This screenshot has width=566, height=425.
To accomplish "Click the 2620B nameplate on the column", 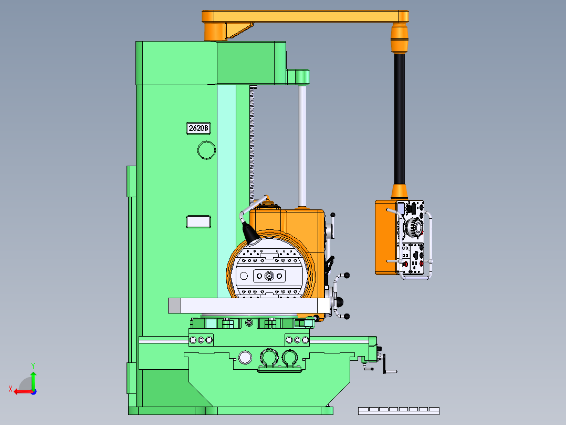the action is [198, 128].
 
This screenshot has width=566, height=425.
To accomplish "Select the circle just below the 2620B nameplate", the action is [206, 150].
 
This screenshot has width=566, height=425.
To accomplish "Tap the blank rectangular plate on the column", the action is [198, 222].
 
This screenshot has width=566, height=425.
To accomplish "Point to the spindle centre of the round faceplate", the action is [269, 276].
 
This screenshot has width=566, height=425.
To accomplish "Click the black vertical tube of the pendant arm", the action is [399, 119].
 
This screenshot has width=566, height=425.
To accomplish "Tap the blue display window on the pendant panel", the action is [400, 208].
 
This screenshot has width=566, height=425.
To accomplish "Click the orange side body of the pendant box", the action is [386, 237].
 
